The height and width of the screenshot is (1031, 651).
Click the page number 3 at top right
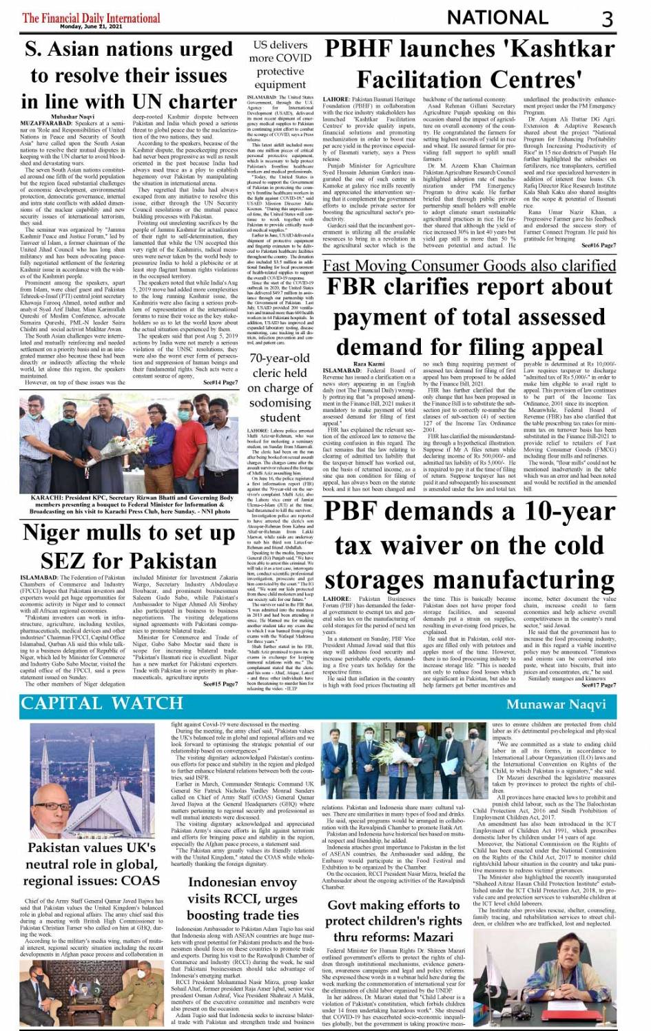tap(607, 19)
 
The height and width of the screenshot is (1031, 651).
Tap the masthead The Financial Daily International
tap(91, 17)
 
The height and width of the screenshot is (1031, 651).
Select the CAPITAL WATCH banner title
tap(102, 704)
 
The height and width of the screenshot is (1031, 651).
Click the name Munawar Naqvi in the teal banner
tap(556, 704)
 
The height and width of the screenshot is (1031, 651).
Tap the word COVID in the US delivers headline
tap(293, 58)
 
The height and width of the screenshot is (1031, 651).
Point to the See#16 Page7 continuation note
tap(599, 245)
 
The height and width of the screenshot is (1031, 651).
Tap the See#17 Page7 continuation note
tap(599, 685)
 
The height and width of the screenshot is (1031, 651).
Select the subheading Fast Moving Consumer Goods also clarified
tap(469, 265)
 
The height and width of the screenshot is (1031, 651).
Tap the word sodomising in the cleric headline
tap(280, 402)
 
